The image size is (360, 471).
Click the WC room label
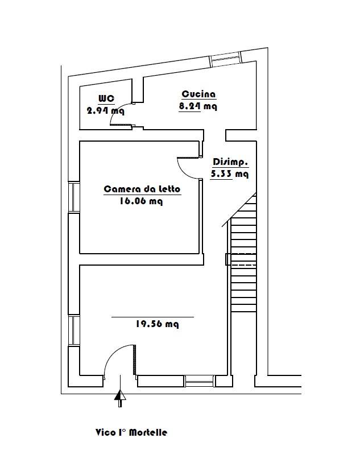pos(106,98)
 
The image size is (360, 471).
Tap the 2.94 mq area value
pos(105,111)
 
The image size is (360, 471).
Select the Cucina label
pos(198,94)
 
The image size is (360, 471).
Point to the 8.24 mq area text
pos(198,106)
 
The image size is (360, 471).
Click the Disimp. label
pos(230,162)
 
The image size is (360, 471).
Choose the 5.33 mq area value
pos(229,174)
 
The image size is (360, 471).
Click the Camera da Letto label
pos(142,189)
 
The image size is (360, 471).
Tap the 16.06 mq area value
pos(141,201)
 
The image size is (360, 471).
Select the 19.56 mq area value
pos(157,324)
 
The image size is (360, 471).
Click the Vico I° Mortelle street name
pos(131,432)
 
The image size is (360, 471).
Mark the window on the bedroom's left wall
pos(74,197)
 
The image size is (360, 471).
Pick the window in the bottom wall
pos(198,381)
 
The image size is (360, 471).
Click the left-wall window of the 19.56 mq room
pos(74,330)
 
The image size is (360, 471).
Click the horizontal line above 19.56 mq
pos(153,317)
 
